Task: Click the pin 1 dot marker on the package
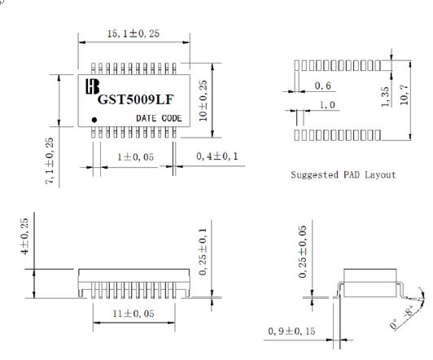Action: pyautogui.click(x=94, y=120)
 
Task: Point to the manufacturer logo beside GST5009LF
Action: pyautogui.click(x=92, y=86)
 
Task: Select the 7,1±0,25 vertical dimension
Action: pyautogui.click(x=50, y=160)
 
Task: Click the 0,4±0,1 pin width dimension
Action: pyautogui.click(x=214, y=156)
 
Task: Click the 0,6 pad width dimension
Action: pyautogui.click(x=323, y=86)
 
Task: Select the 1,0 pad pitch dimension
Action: pyautogui.click(x=327, y=105)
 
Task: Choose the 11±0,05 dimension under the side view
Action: pyautogui.click(x=133, y=313)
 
